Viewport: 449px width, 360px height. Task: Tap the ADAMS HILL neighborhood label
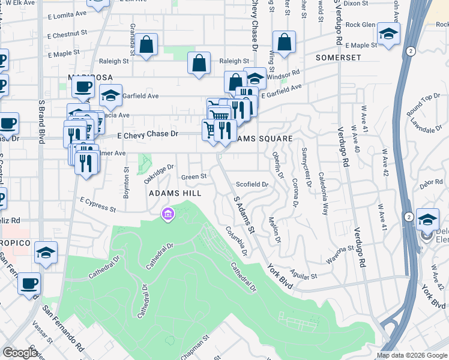click(x=175, y=194)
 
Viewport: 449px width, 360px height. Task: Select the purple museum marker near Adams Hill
click(x=167, y=214)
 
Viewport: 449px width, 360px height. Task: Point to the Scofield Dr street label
click(x=252, y=184)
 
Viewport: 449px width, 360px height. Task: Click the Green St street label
click(x=194, y=177)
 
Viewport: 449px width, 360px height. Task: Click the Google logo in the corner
click(x=20, y=353)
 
